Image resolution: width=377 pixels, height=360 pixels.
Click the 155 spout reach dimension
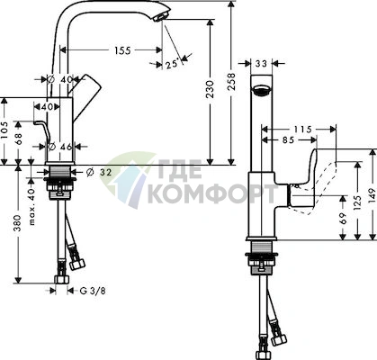(122, 50)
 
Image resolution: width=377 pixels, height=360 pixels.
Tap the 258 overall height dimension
(231, 82)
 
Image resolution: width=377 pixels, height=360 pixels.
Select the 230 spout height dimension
(211, 89)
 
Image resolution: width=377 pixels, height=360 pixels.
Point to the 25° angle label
(173, 64)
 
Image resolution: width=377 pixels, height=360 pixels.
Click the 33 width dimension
(261, 63)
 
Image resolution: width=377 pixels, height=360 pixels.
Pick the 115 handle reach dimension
(302, 130)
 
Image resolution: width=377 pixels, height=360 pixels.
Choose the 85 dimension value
(288, 139)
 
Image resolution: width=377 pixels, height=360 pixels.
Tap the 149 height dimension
(372, 195)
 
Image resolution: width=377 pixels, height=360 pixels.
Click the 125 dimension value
(357, 202)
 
